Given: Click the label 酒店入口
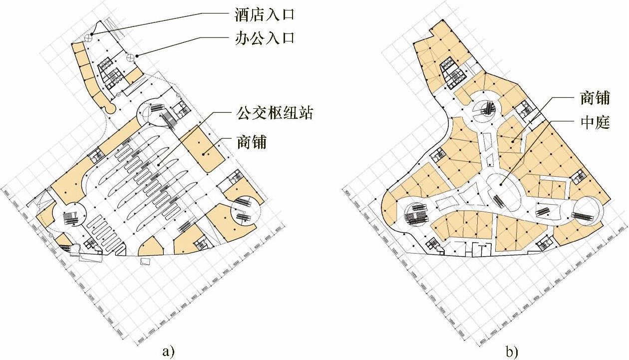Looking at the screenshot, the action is [264, 14].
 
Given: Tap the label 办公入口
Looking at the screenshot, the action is [264, 38].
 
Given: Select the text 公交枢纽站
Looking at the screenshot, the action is [275, 113].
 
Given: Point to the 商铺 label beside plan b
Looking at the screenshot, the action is [595, 98].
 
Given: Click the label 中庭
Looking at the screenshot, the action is [595, 122].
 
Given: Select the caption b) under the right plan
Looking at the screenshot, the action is [512, 352].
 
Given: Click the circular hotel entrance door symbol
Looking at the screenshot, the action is [88, 36].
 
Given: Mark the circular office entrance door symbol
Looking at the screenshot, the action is [130, 57].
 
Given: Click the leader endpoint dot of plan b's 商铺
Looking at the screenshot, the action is [513, 142].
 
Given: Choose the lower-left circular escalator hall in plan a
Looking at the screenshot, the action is [71, 216].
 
